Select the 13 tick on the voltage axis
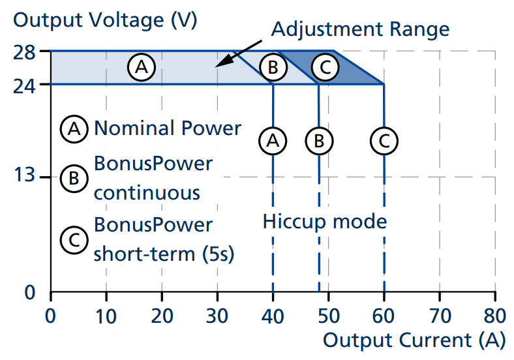24,177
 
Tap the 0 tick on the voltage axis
30,292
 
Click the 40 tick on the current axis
273,317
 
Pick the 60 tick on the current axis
384,317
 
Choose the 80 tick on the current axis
495,317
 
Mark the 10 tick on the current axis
106,317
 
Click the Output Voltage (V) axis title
105,20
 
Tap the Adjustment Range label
360,29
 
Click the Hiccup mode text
325,221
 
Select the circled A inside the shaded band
141,67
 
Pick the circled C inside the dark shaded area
324,67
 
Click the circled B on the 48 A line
318,140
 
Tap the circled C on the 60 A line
384,140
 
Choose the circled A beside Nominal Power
74,129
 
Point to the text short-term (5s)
163,254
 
